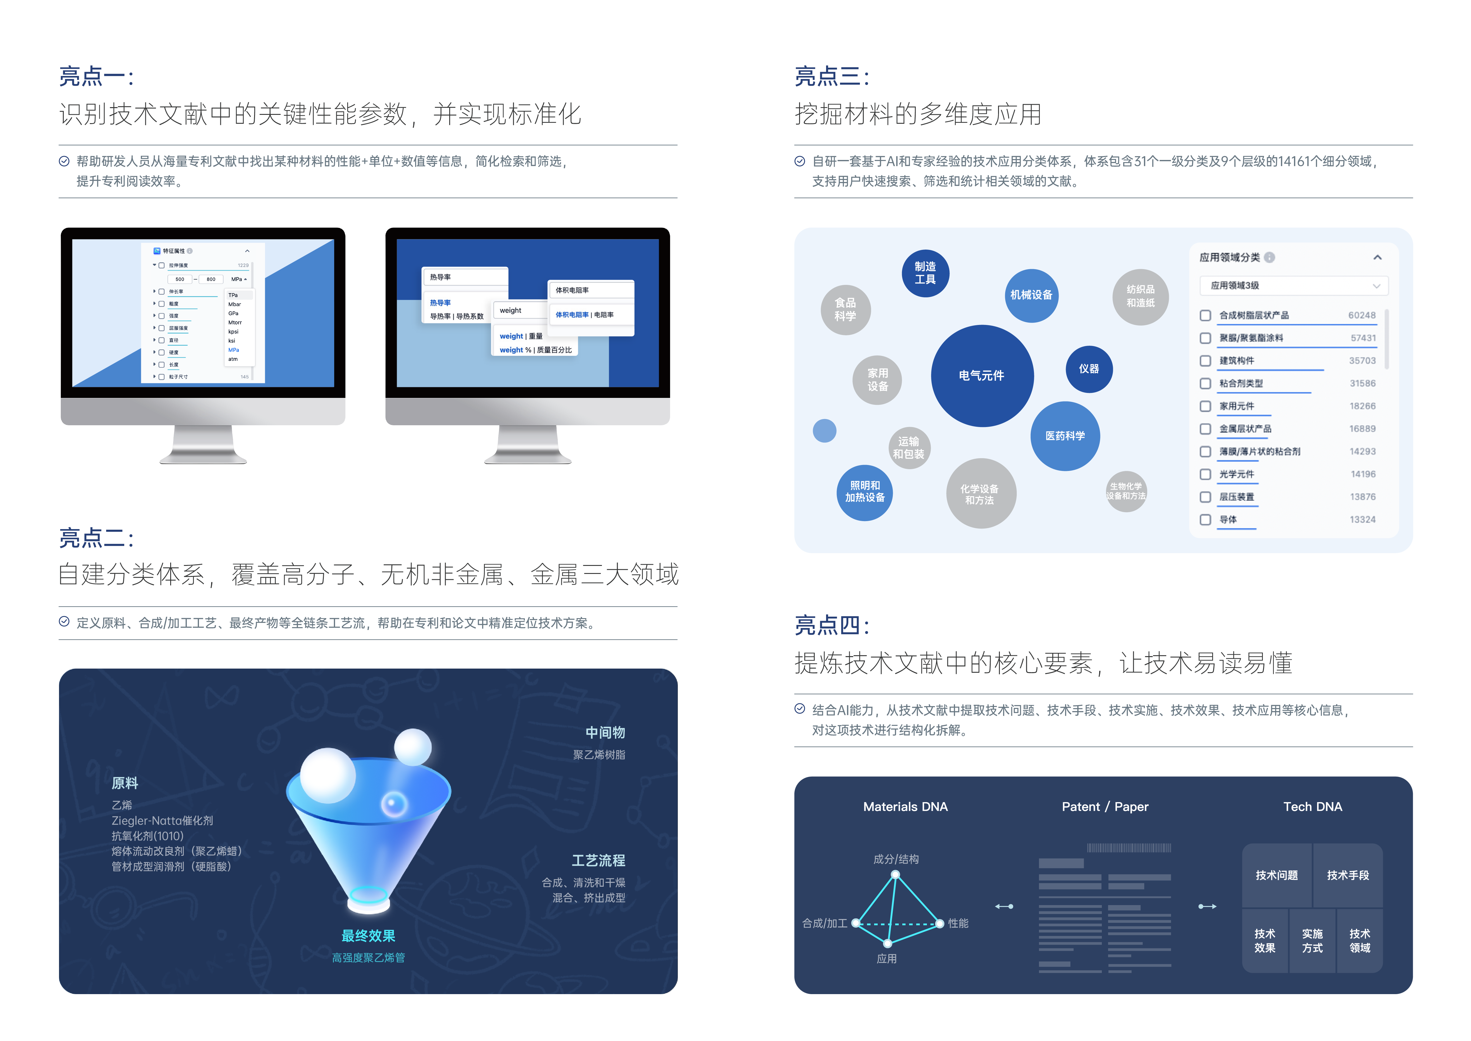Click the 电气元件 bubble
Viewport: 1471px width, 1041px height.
click(981, 376)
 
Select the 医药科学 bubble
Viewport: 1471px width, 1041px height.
click(1065, 436)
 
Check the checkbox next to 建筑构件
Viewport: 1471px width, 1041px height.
click(1205, 361)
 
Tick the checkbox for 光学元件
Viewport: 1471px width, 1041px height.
click(1205, 474)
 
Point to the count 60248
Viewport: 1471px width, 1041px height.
click(1362, 315)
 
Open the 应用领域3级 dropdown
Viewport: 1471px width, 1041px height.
click(1293, 286)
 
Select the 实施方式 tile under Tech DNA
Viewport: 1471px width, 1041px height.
click(1312, 941)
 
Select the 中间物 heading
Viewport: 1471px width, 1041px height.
click(605, 733)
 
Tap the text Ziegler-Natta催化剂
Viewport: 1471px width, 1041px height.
click(162, 821)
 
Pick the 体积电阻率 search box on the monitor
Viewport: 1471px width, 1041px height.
click(590, 291)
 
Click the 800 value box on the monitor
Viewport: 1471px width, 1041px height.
click(211, 280)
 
